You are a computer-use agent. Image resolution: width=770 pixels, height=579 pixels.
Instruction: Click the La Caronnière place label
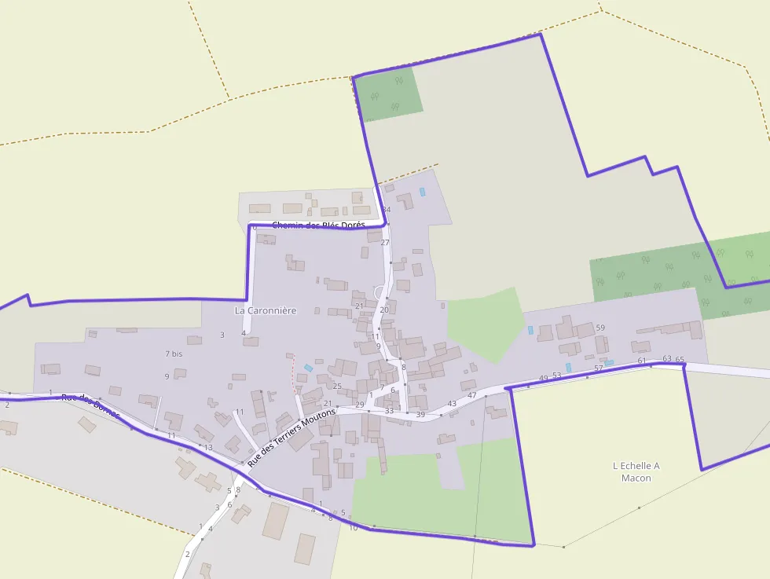[266, 310]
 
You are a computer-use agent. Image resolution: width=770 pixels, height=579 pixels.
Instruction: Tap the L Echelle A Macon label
[636, 471]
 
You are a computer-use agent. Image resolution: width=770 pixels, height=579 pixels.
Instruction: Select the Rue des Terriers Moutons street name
[291, 438]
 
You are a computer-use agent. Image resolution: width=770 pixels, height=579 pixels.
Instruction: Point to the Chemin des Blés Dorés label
[318, 225]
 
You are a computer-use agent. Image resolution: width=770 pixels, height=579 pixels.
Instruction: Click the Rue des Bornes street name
[90, 405]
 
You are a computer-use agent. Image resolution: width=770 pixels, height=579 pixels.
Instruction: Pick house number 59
[600, 328]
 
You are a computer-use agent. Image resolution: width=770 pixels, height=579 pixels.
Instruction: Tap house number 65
[680, 360]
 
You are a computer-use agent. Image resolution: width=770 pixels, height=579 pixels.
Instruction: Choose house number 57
[598, 368]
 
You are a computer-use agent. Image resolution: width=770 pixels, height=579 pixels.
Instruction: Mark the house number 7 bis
[174, 354]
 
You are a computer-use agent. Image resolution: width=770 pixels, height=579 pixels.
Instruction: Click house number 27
[385, 243]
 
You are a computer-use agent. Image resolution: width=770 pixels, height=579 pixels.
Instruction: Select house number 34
[386, 210]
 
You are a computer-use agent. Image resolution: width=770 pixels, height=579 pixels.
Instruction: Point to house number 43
[452, 404]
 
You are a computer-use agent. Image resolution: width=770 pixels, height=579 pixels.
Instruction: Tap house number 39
[420, 415]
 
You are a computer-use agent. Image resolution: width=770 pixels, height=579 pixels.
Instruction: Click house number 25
[337, 386]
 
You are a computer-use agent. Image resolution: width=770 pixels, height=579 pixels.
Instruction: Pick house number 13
[208, 447]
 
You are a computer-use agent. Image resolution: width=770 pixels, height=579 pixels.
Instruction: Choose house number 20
[384, 310]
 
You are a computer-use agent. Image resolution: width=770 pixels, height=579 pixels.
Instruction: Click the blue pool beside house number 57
[608, 363]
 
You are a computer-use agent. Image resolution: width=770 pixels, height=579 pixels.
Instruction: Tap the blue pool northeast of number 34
[422, 192]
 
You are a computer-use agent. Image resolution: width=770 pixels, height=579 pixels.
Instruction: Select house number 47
[472, 395]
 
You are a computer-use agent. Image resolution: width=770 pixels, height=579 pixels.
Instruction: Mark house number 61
[642, 361]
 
